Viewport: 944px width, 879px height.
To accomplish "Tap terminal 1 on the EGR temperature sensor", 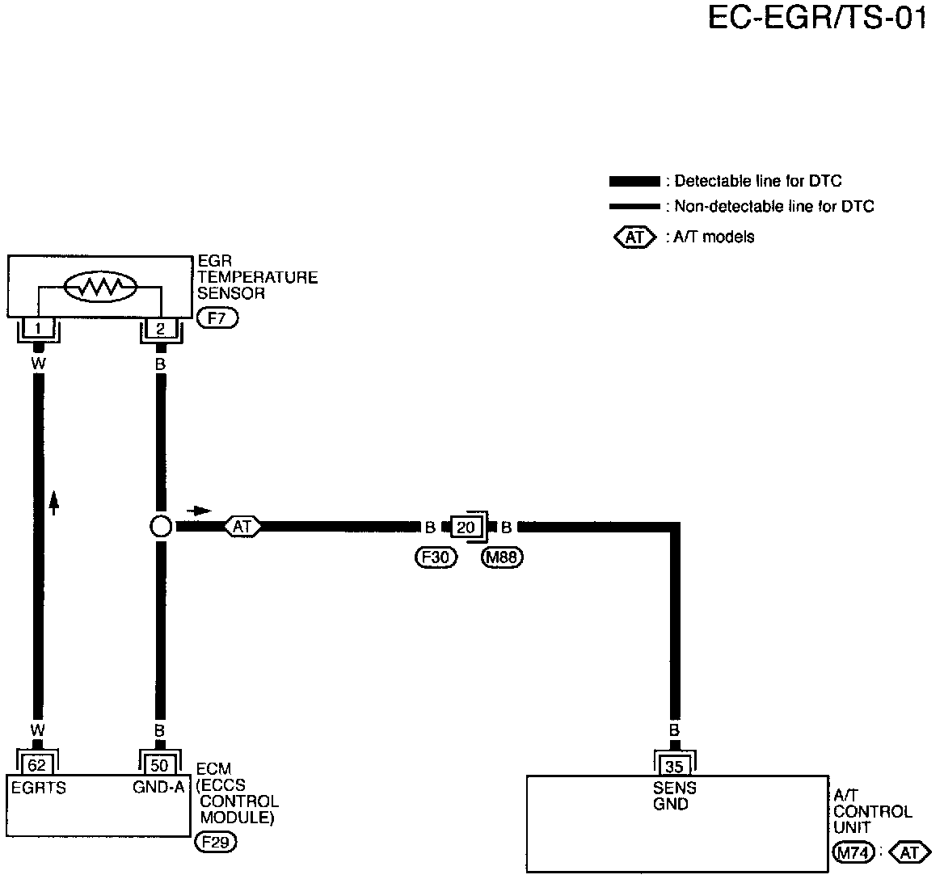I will [38, 329].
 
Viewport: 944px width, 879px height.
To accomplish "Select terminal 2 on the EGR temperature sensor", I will [160, 329].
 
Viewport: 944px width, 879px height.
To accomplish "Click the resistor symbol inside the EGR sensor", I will [100, 286].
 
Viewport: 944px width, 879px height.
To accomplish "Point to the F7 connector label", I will [217, 318].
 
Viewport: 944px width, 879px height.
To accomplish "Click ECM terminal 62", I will [37, 764].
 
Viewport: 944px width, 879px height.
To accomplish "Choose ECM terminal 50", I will [160, 764].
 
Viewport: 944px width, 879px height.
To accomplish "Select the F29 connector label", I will [215, 843].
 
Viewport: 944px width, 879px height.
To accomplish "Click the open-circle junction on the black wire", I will [160, 527].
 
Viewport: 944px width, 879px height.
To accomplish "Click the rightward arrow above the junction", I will [199, 511].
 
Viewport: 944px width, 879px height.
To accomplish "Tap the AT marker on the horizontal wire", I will [242, 527].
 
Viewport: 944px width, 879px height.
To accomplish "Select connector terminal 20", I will [466, 528].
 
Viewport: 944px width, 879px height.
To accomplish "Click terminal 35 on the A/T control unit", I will [673, 765].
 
